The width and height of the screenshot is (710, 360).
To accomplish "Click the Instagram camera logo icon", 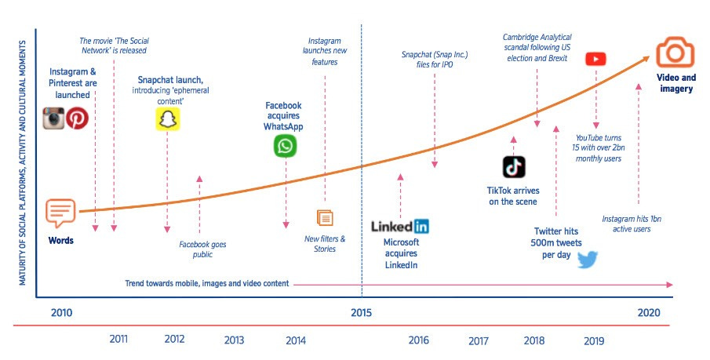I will [x=53, y=118].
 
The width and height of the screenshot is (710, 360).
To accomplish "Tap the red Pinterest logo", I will [x=78, y=118].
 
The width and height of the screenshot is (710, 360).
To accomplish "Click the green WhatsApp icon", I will [x=286, y=146].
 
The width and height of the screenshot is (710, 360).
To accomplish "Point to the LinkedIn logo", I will [x=400, y=227].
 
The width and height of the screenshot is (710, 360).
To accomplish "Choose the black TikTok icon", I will [x=514, y=167].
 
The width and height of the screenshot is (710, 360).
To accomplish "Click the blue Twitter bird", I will [x=588, y=260].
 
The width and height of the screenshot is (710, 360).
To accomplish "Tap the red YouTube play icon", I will [x=595, y=59].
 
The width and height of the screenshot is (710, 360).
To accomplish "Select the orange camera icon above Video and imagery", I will [x=675, y=52].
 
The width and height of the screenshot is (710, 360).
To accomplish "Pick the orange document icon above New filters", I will [x=325, y=218].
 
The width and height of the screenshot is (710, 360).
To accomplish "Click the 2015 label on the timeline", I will [x=362, y=313].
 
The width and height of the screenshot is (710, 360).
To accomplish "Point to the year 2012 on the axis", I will [x=175, y=340].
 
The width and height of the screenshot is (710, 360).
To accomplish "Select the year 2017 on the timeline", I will [x=479, y=340].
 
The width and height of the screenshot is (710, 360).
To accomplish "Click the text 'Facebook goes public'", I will [x=202, y=249].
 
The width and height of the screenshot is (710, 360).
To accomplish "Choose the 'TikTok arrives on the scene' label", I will [x=513, y=196].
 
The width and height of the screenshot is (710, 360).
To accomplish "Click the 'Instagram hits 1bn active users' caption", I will [x=632, y=224].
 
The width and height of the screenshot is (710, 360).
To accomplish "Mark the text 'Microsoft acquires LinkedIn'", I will [x=401, y=253].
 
